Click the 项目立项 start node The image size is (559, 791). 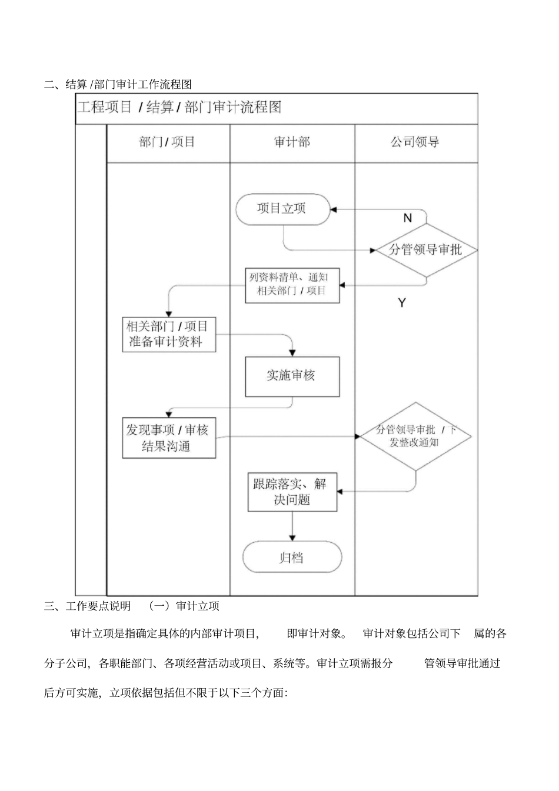click(282, 209)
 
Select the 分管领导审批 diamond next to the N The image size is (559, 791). click(425, 250)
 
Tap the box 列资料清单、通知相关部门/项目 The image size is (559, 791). click(292, 285)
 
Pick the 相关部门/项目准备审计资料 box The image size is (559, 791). click(169, 335)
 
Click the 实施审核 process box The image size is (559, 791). click(292, 376)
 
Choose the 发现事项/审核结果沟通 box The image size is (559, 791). click(169, 438)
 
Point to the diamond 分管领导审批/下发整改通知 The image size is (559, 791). click(415, 436)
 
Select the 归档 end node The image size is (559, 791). click(292, 557)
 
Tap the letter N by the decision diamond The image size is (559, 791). click(407, 218)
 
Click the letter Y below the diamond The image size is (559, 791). click(402, 303)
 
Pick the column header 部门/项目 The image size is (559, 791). click(168, 142)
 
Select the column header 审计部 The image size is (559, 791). click(292, 142)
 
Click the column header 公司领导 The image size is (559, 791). click(415, 142)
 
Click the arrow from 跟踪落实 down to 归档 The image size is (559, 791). click(292, 526)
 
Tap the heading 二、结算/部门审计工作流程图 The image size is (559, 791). click(118, 85)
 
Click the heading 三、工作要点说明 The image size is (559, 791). click(88, 606)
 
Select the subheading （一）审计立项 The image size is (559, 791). click(184, 606)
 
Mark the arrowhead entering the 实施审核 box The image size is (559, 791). click(292, 353)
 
